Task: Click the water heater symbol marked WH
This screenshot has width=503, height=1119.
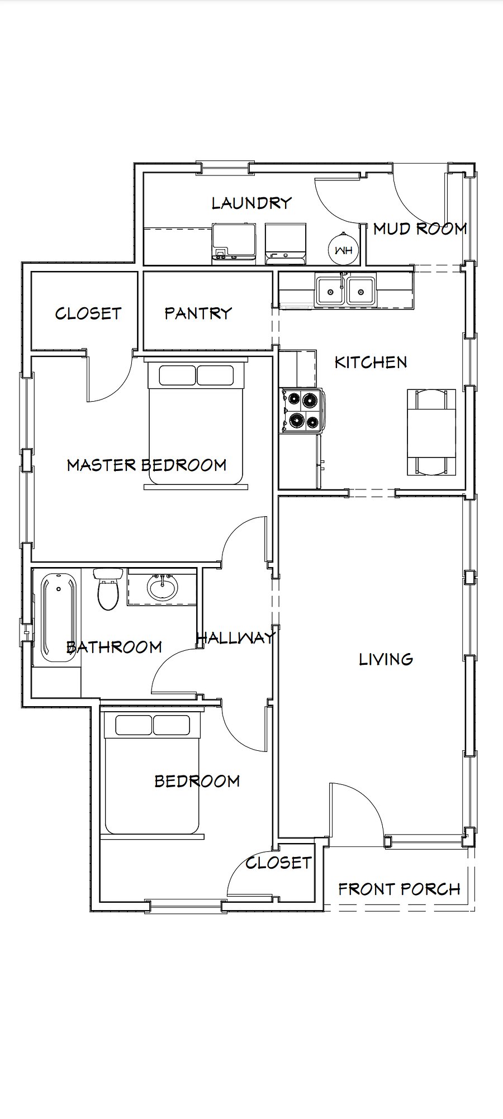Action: click(x=343, y=250)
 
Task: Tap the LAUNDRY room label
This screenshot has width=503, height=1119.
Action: click(x=251, y=203)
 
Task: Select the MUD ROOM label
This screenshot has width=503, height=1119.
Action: click(x=420, y=228)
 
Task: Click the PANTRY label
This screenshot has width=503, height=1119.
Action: click(x=198, y=313)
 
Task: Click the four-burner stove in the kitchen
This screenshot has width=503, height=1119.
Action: click(x=302, y=411)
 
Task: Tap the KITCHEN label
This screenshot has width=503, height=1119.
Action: click(x=371, y=362)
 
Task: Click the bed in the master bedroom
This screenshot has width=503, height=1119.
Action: click(x=196, y=425)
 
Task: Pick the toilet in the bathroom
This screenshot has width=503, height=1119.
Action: click(x=108, y=589)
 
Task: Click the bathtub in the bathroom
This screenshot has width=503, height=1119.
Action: click(x=59, y=617)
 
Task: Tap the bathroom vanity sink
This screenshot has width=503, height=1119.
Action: click(x=163, y=587)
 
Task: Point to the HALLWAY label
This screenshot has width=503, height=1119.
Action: click(x=236, y=637)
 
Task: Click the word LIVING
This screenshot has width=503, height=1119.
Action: click(x=386, y=659)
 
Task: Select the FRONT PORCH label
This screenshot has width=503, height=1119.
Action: click(x=399, y=889)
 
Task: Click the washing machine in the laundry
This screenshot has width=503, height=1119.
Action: click(x=234, y=243)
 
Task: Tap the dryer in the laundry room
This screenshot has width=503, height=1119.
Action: click(x=286, y=243)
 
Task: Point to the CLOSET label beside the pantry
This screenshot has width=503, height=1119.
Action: click(x=88, y=313)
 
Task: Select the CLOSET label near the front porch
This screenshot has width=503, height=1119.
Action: click(x=278, y=863)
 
